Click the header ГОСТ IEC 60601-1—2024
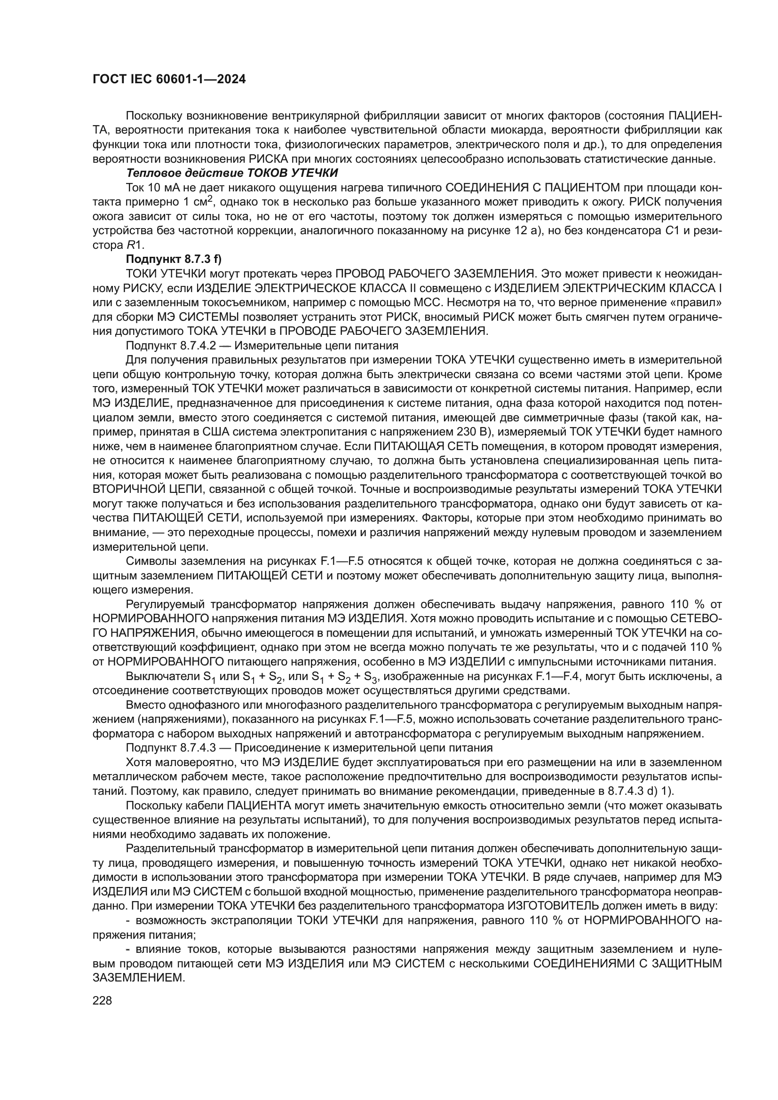point(169,79)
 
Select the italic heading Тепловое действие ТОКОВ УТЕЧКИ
point(232,173)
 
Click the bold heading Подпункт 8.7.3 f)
point(174,259)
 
